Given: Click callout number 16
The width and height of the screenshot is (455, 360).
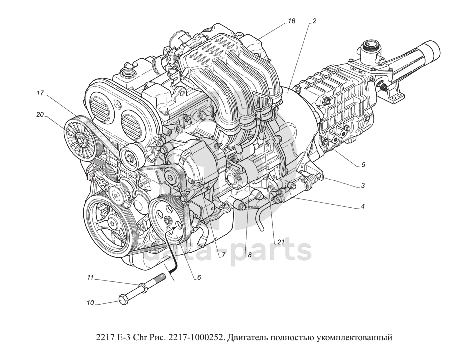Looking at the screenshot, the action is pos(291,21).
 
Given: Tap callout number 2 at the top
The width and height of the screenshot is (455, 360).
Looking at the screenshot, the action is pos(314,21).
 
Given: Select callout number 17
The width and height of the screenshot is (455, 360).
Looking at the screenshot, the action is pos(40,93).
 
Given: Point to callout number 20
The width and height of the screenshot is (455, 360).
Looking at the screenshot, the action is pos(40,115).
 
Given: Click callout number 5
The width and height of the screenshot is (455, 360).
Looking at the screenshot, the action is pos(363,165).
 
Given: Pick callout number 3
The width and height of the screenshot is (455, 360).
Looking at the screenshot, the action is pos(363,185).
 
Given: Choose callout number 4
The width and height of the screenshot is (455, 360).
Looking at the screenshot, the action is pos(363,207).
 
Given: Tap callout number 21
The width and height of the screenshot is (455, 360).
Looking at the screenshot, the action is pos(280,242).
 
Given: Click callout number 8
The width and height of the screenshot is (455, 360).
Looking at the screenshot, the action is pos(249,256).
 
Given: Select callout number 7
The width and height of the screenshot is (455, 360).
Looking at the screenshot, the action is pos(223,256).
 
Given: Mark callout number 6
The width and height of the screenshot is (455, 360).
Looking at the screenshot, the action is pos(199,277).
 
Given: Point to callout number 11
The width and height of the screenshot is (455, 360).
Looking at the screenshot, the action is pos(90,278).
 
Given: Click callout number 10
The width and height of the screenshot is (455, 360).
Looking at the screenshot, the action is pos(90,303).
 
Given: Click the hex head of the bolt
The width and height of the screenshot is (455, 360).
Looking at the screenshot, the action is pos(124,299).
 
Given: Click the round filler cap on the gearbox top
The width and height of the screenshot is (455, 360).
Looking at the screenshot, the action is pos(370,47).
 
